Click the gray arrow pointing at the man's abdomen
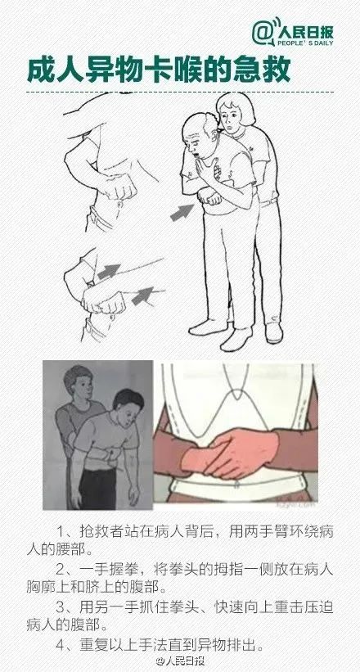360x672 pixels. (x=182, y=213)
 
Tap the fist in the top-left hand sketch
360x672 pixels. (x=118, y=187)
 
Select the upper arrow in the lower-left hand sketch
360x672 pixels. (x=109, y=271)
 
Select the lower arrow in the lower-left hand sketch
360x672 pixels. (x=142, y=295)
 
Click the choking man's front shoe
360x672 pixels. (x=236, y=340)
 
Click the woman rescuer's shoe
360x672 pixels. (x=274, y=332)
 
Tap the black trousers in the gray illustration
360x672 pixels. (x=98, y=487)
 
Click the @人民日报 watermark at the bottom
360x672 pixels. (x=181, y=661)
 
